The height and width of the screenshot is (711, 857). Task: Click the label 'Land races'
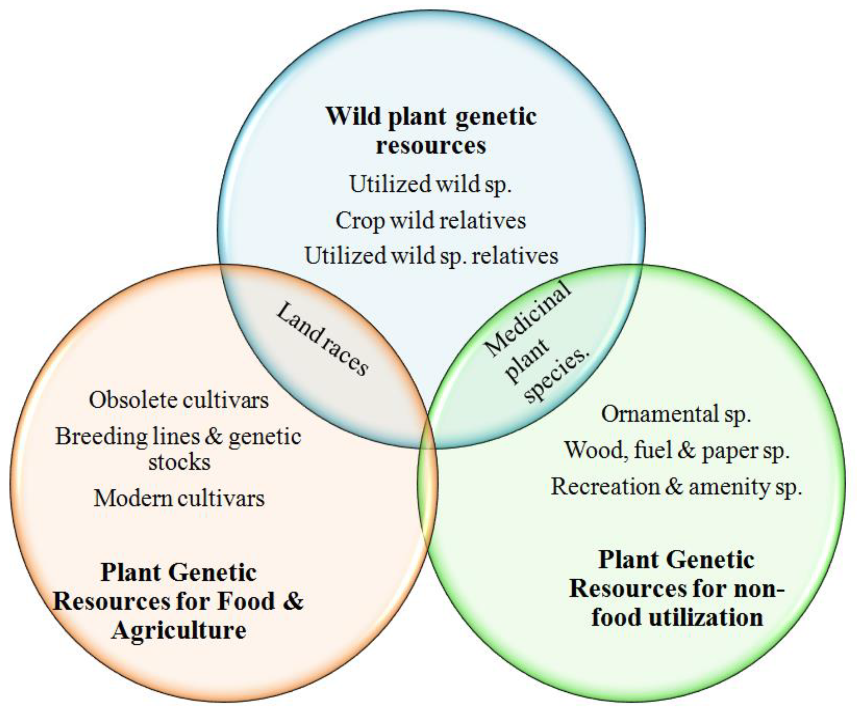tap(323, 338)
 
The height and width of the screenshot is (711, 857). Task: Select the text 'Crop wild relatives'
tap(431, 220)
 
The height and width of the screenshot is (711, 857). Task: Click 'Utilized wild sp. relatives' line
tap(431, 256)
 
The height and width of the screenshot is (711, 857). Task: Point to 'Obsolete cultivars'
tap(179, 400)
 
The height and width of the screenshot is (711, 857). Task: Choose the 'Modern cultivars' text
tap(179, 498)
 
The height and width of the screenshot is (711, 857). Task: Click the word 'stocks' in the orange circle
tap(179, 462)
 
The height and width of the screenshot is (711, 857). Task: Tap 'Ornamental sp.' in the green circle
tap(676, 414)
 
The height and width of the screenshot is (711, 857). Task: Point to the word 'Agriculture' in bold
tap(179, 630)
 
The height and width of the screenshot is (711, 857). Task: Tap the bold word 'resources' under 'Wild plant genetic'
tap(431, 145)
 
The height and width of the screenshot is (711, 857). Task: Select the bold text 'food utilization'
tap(677, 617)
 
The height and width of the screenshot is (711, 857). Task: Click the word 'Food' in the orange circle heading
tap(246, 601)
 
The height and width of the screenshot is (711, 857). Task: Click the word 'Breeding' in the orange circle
tap(101, 436)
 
